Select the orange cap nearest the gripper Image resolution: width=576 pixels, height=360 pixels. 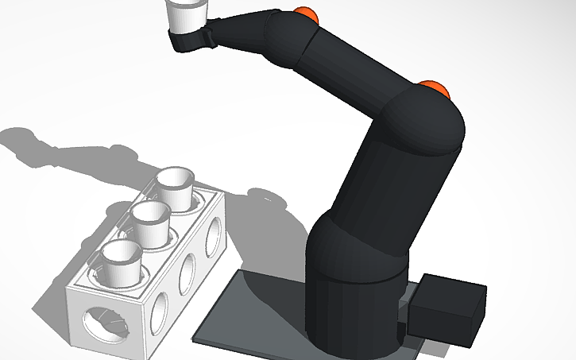coord(306,14)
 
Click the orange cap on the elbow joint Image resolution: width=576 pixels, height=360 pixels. coord(435,87)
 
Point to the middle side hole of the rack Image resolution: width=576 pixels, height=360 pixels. coord(188,273)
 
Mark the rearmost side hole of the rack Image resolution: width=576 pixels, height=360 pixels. coord(213,236)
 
